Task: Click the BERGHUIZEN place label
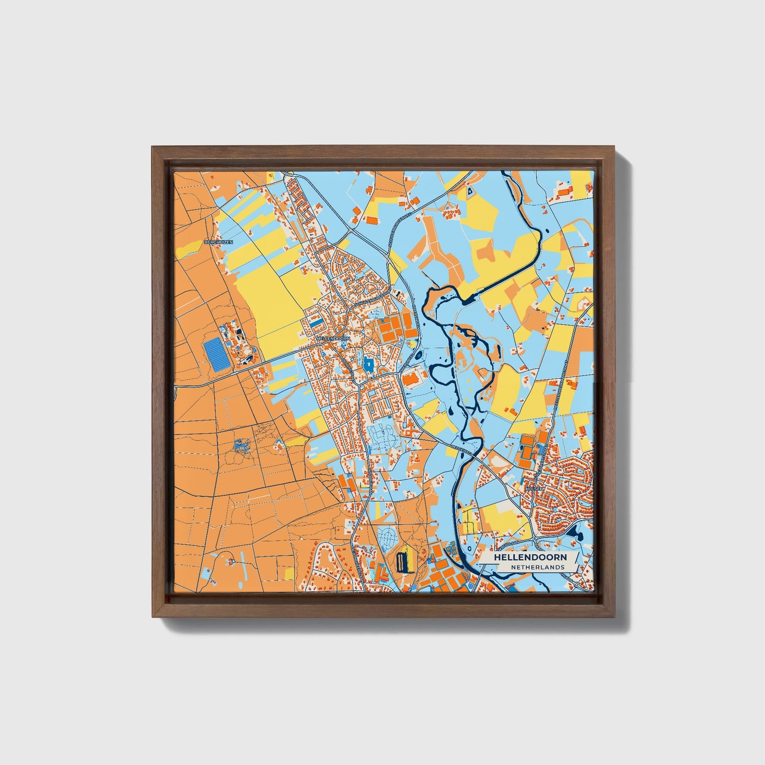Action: coord(218,242)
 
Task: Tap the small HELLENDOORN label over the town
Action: coord(332,337)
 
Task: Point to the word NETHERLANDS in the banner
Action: coord(537,567)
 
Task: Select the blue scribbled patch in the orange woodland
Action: coord(241,448)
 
